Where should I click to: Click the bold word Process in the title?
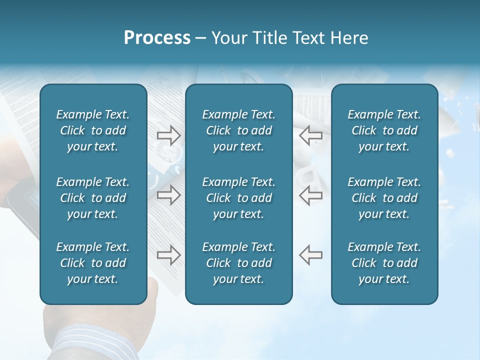[157, 38]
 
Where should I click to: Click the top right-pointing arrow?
[168, 135]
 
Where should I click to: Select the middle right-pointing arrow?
[168, 195]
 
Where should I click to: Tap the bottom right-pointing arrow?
[168, 254]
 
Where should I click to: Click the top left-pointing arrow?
[310, 135]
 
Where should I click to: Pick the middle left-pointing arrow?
[310, 195]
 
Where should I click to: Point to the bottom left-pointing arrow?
[310, 254]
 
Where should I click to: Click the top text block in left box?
[93, 130]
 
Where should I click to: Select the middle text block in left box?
[93, 198]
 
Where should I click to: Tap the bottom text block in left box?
[93, 263]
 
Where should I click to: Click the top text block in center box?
[238, 130]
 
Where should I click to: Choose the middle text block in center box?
[238, 198]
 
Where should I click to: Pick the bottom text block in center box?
[238, 263]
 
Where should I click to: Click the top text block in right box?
[384, 130]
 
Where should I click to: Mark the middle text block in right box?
[384, 198]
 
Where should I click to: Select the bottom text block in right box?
[384, 263]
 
